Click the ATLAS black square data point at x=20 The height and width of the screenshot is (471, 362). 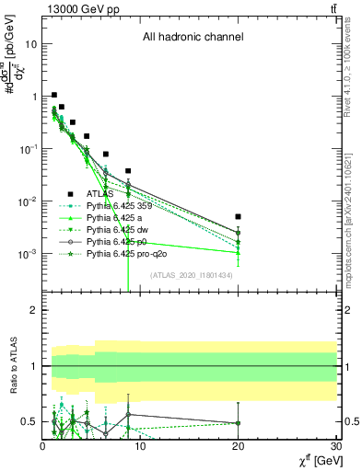[239, 217]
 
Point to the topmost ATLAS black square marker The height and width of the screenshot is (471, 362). [54, 95]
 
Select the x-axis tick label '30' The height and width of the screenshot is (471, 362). [336, 447]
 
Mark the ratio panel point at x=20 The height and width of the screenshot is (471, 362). [239, 423]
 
